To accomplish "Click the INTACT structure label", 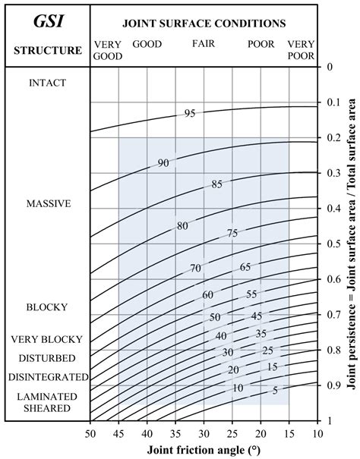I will (47, 82).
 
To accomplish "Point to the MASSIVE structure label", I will (49, 203).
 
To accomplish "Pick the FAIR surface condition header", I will (204, 44).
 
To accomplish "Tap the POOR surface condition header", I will (261, 44).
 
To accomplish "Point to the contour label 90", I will (163, 163).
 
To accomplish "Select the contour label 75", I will (232, 234).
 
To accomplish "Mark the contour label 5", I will (275, 391).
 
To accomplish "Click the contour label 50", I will (215, 317).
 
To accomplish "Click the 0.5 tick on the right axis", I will (330, 244).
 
